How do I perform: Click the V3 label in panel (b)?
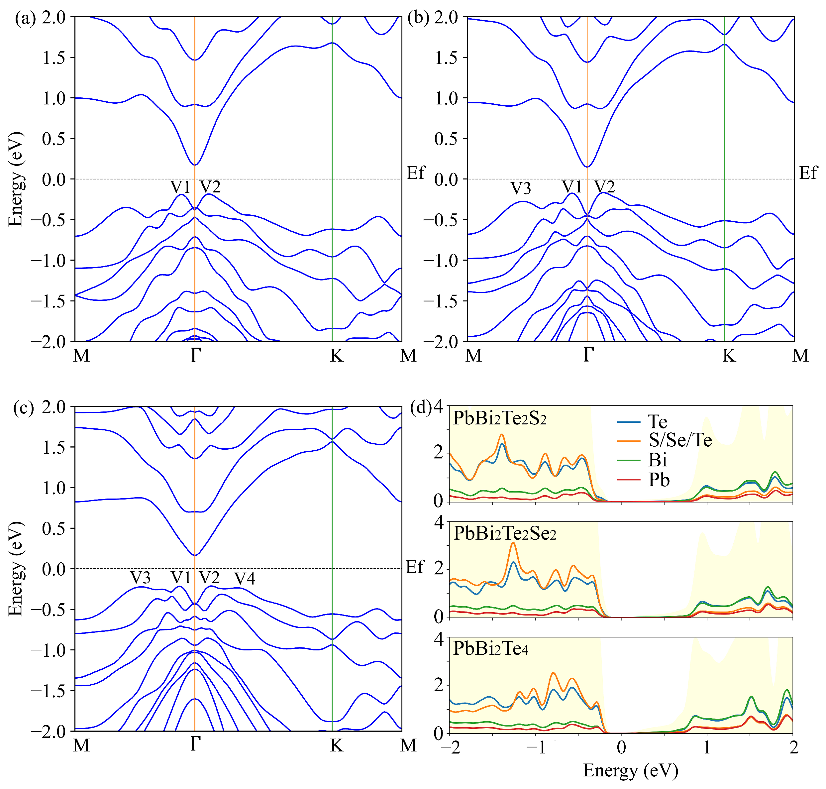pyautogui.click(x=520, y=188)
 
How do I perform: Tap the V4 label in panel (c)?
pyautogui.click(x=245, y=579)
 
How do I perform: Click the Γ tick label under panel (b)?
pyautogui.click(x=588, y=355)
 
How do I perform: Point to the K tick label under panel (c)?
pyautogui.click(x=337, y=745)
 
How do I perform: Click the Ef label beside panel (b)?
pyautogui.click(x=808, y=173)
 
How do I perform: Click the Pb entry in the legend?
pyautogui.click(x=658, y=480)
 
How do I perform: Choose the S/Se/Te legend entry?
pyautogui.click(x=680, y=440)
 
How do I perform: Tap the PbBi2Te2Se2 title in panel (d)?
pyautogui.click(x=505, y=534)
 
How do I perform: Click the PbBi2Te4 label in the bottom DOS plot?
pyautogui.click(x=490, y=649)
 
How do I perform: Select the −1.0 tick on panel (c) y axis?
pyautogui.click(x=48, y=650)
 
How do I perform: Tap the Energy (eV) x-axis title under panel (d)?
pyautogui.click(x=631, y=770)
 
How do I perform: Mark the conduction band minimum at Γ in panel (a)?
pyautogui.click(x=195, y=165)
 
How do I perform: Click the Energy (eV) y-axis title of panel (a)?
pyautogui.click(x=16, y=179)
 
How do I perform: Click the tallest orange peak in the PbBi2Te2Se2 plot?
pyautogui.click(x=513, y=543)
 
